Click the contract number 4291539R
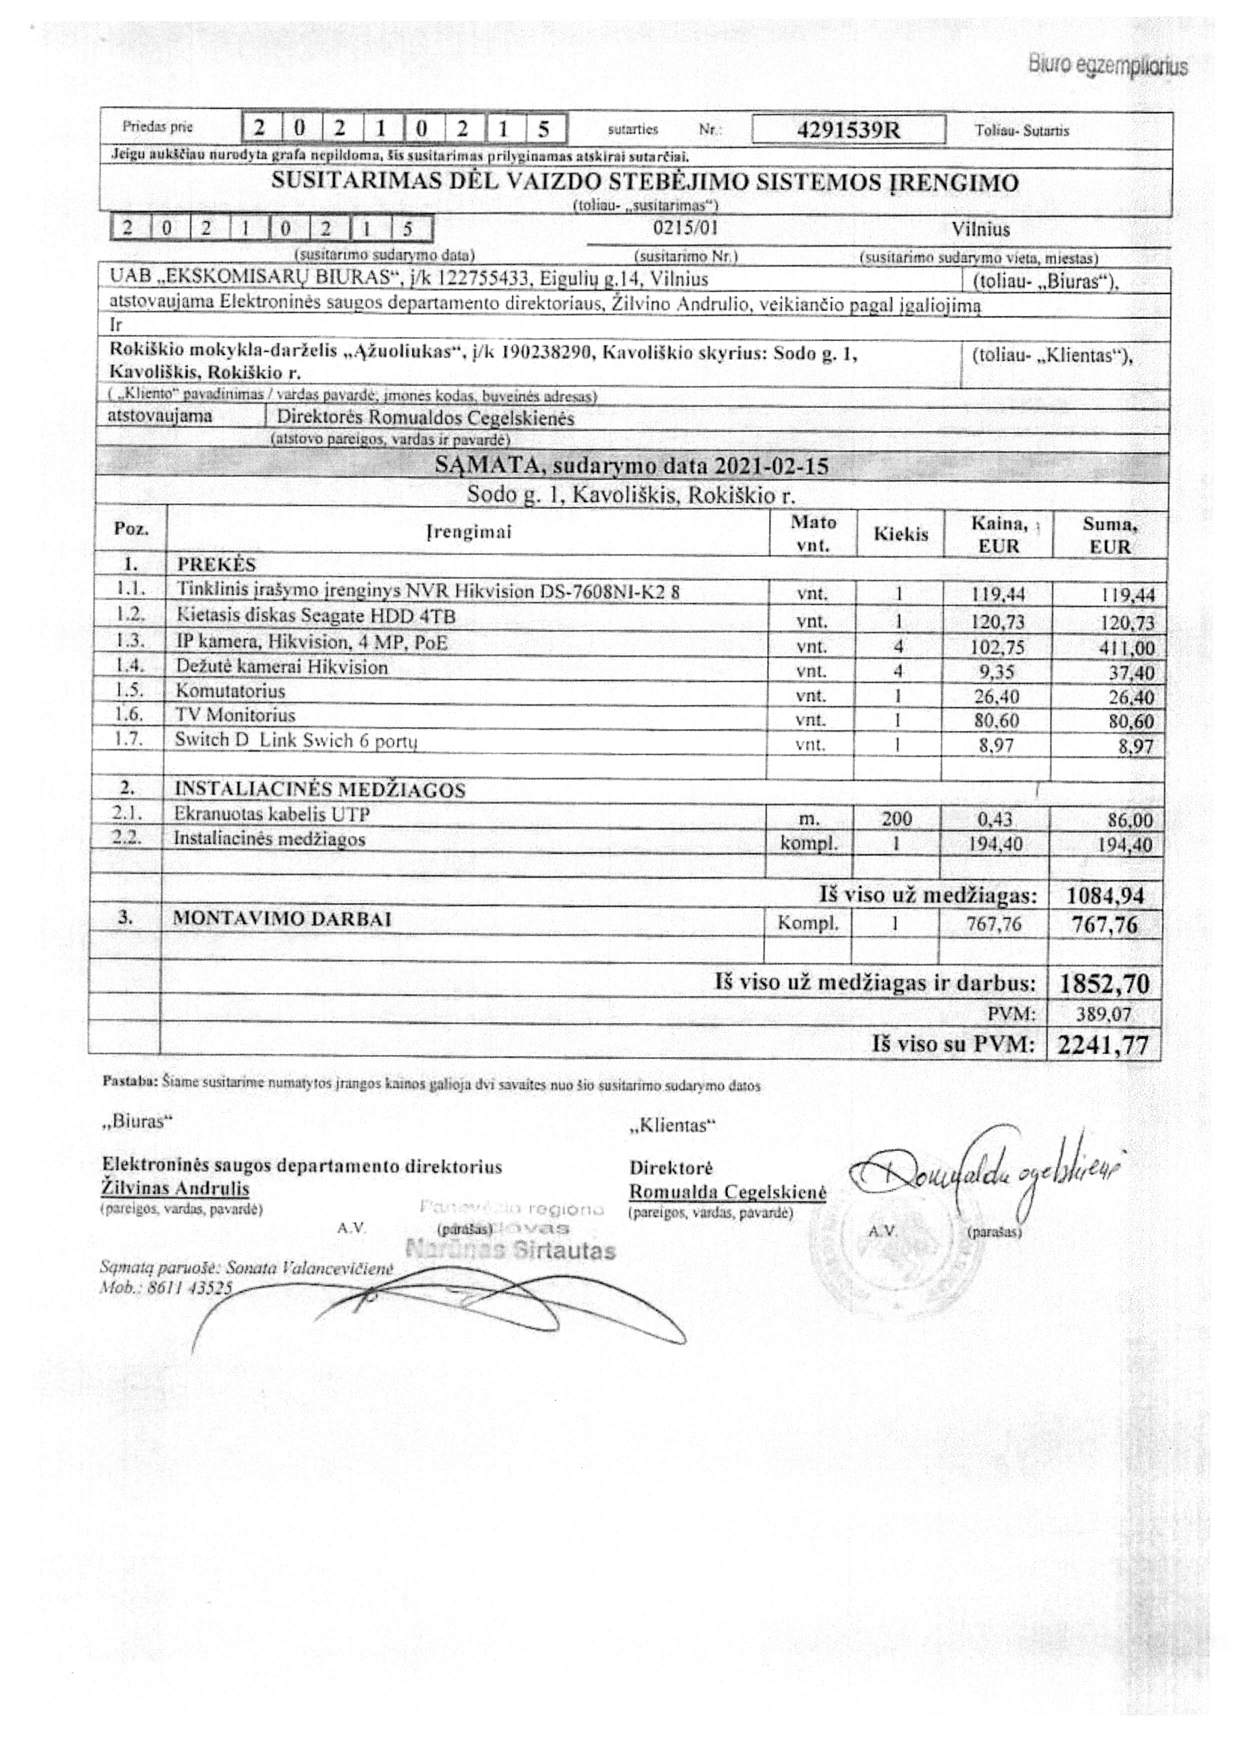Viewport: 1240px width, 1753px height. [848, 130]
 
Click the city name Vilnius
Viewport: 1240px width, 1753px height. [981, 229]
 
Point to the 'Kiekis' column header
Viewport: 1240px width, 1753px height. [901, 534]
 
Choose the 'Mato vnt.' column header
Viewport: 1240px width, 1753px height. [813, 534]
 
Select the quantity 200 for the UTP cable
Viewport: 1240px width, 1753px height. [897, 819]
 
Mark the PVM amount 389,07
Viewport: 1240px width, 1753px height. [1105, 1015]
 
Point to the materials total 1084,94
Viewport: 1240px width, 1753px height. [1105, 896]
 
